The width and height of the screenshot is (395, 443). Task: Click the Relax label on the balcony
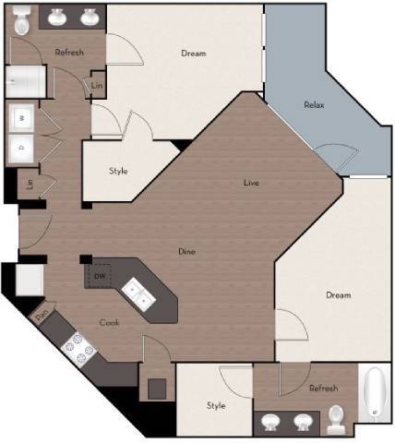[314, 104]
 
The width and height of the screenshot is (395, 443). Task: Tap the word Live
[251, 183]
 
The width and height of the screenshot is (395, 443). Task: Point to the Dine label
[186, 251]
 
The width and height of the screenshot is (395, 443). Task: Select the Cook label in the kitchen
[110, 322]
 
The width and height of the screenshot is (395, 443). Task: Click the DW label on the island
[100, 276]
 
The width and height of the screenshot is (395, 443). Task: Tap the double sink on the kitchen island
[140, 294]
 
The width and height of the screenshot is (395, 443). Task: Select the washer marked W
[20, 118]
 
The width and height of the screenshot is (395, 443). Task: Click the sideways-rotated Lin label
[30, 184]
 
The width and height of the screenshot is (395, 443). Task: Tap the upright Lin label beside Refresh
[97, 87]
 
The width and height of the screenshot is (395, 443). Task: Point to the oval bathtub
[375, 392]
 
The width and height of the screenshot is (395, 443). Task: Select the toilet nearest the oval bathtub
[337, 419]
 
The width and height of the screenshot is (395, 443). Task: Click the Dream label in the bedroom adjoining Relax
[193, 53]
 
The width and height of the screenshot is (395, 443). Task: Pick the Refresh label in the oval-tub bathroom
[323, 389]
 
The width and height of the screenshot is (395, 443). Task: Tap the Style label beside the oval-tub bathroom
[216, 404]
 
